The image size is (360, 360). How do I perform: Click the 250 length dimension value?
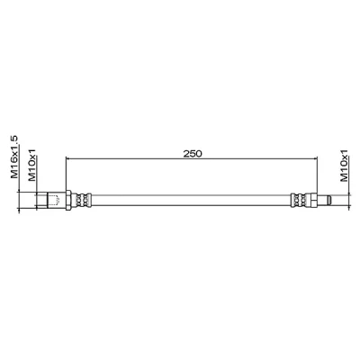click(x=193, y=154)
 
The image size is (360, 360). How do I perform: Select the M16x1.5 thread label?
click(x=14, y=157)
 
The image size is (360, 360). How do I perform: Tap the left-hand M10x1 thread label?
click(x=32, y=165)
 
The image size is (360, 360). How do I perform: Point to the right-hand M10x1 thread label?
click(x=344, y=165)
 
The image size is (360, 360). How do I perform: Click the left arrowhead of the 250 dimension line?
click(x=67, y=158)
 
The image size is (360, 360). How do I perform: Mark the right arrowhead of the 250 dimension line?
click(x=315, y=158)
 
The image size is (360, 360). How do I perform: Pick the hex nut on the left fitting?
click(x=68, y=201)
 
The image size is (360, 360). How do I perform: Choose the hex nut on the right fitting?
click(x=313, y=201)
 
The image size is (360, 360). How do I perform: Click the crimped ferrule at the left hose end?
click(x=81, y=201)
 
